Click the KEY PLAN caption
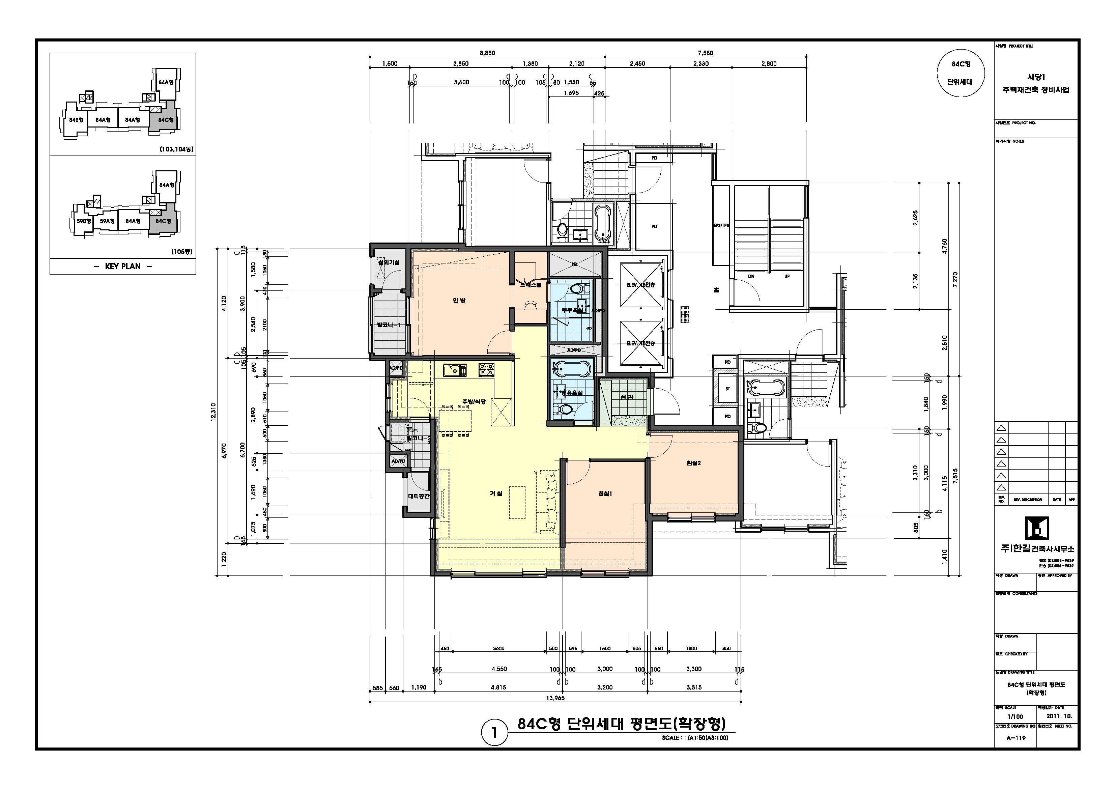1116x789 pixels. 122,266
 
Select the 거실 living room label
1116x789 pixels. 496,494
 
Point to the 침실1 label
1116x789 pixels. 605,494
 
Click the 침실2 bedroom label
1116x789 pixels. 694,463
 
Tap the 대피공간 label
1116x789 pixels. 419,496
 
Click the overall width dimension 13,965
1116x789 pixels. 555,698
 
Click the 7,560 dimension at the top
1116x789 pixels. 705,53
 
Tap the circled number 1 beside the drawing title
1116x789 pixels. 494,733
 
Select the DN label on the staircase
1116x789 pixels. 751,277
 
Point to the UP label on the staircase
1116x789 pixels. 787,277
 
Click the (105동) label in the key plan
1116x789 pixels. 182,252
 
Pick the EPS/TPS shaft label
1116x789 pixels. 721,226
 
